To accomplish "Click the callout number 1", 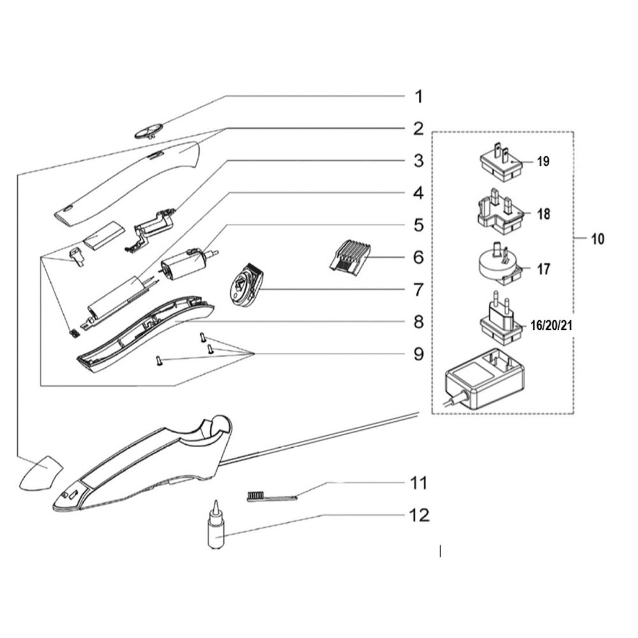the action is click(419, 97).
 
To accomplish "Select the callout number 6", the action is click(419, 257).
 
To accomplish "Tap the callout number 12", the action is click(419, 515).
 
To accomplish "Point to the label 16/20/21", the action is click(551, 325).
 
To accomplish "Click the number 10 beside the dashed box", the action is click(597, 239).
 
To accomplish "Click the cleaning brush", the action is click(272, 496).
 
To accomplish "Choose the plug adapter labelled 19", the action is click(500, 162).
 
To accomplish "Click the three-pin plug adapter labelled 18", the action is click(500, 212).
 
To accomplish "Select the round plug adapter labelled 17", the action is click(500, 265).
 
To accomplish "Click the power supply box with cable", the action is click(485, 379).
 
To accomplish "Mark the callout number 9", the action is click(419, 354).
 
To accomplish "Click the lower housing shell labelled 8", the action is click(145, 334).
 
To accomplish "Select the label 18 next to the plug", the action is click(544, 214).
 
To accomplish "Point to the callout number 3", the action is click(419, 161).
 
